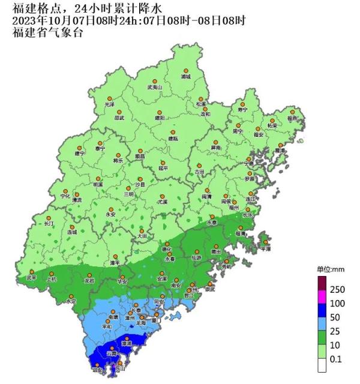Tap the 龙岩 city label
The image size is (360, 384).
coord(89,280)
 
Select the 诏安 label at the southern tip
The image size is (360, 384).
coord(97,371)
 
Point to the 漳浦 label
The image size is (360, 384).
coord(126,343)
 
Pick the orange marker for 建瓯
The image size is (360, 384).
coord(173,132)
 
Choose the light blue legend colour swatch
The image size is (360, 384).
coord(322,330)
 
